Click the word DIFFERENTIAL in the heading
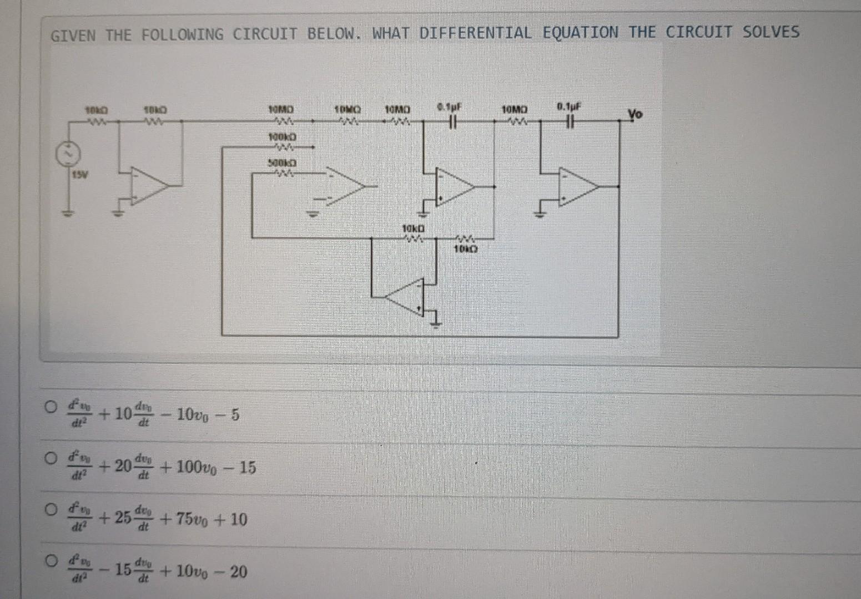coord(475,33)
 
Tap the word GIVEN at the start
coord(73,36)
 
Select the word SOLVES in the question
coord(771,32)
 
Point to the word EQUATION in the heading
coord(580,32)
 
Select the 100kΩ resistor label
coord(282,136)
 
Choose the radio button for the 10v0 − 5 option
coord(51,407)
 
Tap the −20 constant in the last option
coord(233,571)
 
